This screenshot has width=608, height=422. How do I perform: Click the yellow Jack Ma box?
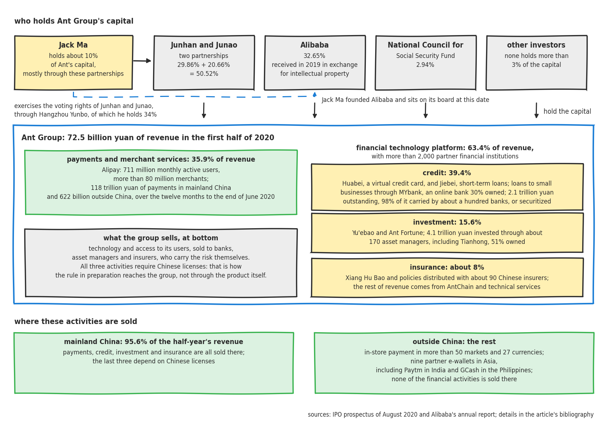click(74, 63)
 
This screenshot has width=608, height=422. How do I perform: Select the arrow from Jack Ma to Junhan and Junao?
click(142, 61)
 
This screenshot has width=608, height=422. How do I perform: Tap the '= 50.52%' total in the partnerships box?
click(204, 74)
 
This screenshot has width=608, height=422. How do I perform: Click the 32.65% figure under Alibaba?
click(314, 56)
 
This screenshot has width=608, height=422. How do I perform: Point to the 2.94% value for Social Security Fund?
click(425, 65)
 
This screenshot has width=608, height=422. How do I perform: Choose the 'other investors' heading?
click(536, 45)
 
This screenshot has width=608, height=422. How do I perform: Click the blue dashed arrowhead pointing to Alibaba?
click(315, 94)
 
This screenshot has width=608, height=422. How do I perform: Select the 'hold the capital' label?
click(567, 112)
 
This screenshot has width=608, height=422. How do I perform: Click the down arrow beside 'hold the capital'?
click(536, 110)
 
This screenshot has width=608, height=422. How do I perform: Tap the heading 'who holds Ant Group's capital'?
click(74, 21)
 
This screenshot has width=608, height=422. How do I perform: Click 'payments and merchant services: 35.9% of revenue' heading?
click(161, 159)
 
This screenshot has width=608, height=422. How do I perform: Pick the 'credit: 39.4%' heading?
click(447, 173)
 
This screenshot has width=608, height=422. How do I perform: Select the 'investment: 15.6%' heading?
click(447, 222)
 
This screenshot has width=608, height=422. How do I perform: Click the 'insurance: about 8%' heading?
click(447, 267)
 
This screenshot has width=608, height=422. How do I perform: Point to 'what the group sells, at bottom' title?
click(161, 238)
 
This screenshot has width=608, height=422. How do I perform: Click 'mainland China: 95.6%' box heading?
click(154, 342)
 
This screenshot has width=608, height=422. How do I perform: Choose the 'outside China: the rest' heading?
click(454, 342)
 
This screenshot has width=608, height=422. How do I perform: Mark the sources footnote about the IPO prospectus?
click(451, 415)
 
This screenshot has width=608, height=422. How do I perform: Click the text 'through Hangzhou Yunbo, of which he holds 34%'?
click(85, 114)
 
